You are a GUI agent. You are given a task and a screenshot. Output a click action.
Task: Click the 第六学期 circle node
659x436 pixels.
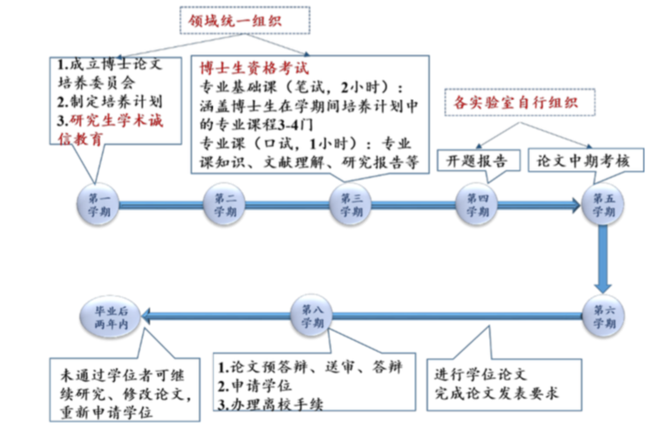pos(604,317)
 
